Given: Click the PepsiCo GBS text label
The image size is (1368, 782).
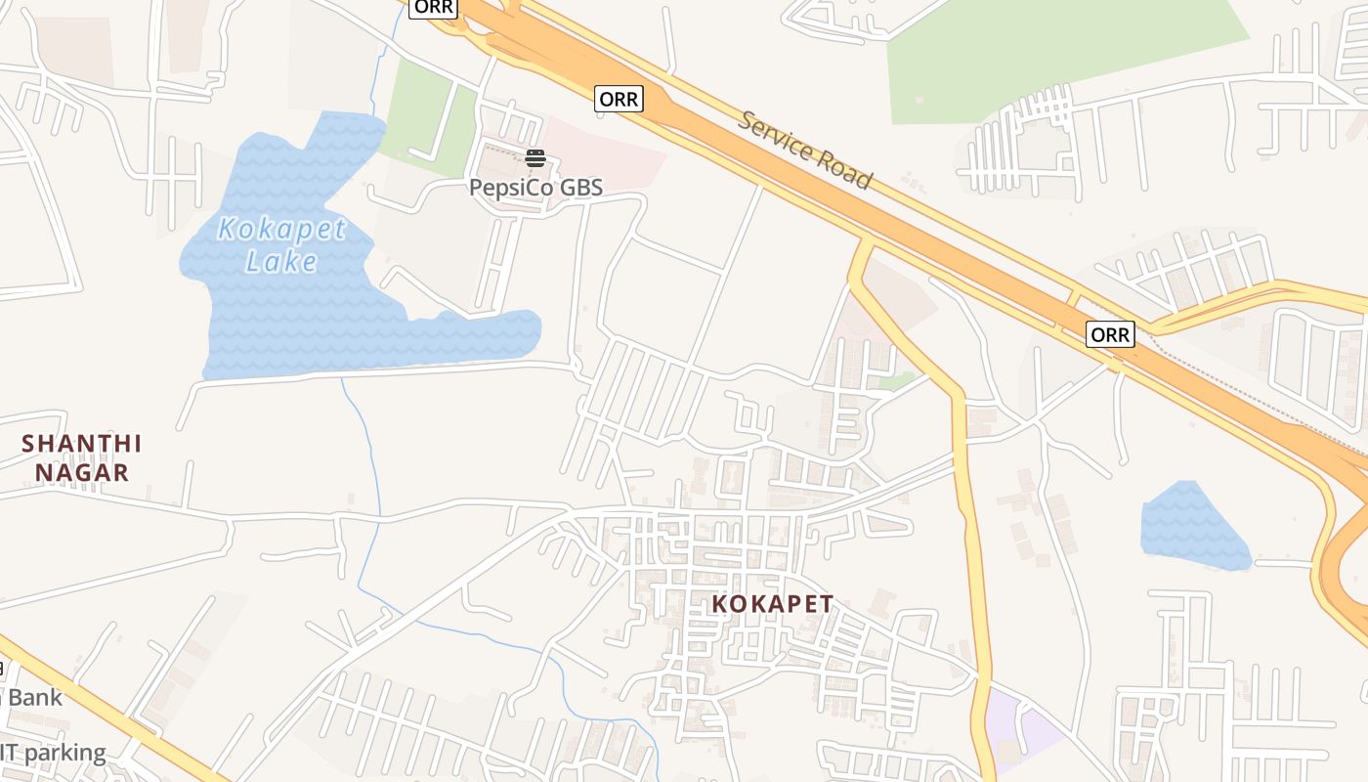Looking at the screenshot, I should [535, 187].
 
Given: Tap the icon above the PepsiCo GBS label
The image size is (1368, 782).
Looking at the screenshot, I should [534, 158].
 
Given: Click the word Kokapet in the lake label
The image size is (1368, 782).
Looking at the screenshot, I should [281, 230].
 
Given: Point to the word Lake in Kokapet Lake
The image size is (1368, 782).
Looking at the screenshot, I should [281, 262].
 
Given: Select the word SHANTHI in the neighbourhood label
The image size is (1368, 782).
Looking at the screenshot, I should [82, 444].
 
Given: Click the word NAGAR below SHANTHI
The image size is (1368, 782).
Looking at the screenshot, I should [82, 473].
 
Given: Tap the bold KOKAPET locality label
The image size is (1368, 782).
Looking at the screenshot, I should [772, 604].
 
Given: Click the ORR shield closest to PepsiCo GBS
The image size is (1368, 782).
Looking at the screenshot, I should [619, 99].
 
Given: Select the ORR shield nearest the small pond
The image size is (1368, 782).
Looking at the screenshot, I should [1109, 335].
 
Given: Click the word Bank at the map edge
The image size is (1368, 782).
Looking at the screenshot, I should [34, 698].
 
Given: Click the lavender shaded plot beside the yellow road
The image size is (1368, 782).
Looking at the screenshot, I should [1021, 728].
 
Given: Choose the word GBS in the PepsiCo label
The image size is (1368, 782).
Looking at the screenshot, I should [580, 187].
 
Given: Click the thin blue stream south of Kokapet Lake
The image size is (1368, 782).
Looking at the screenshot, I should [366, 489].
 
